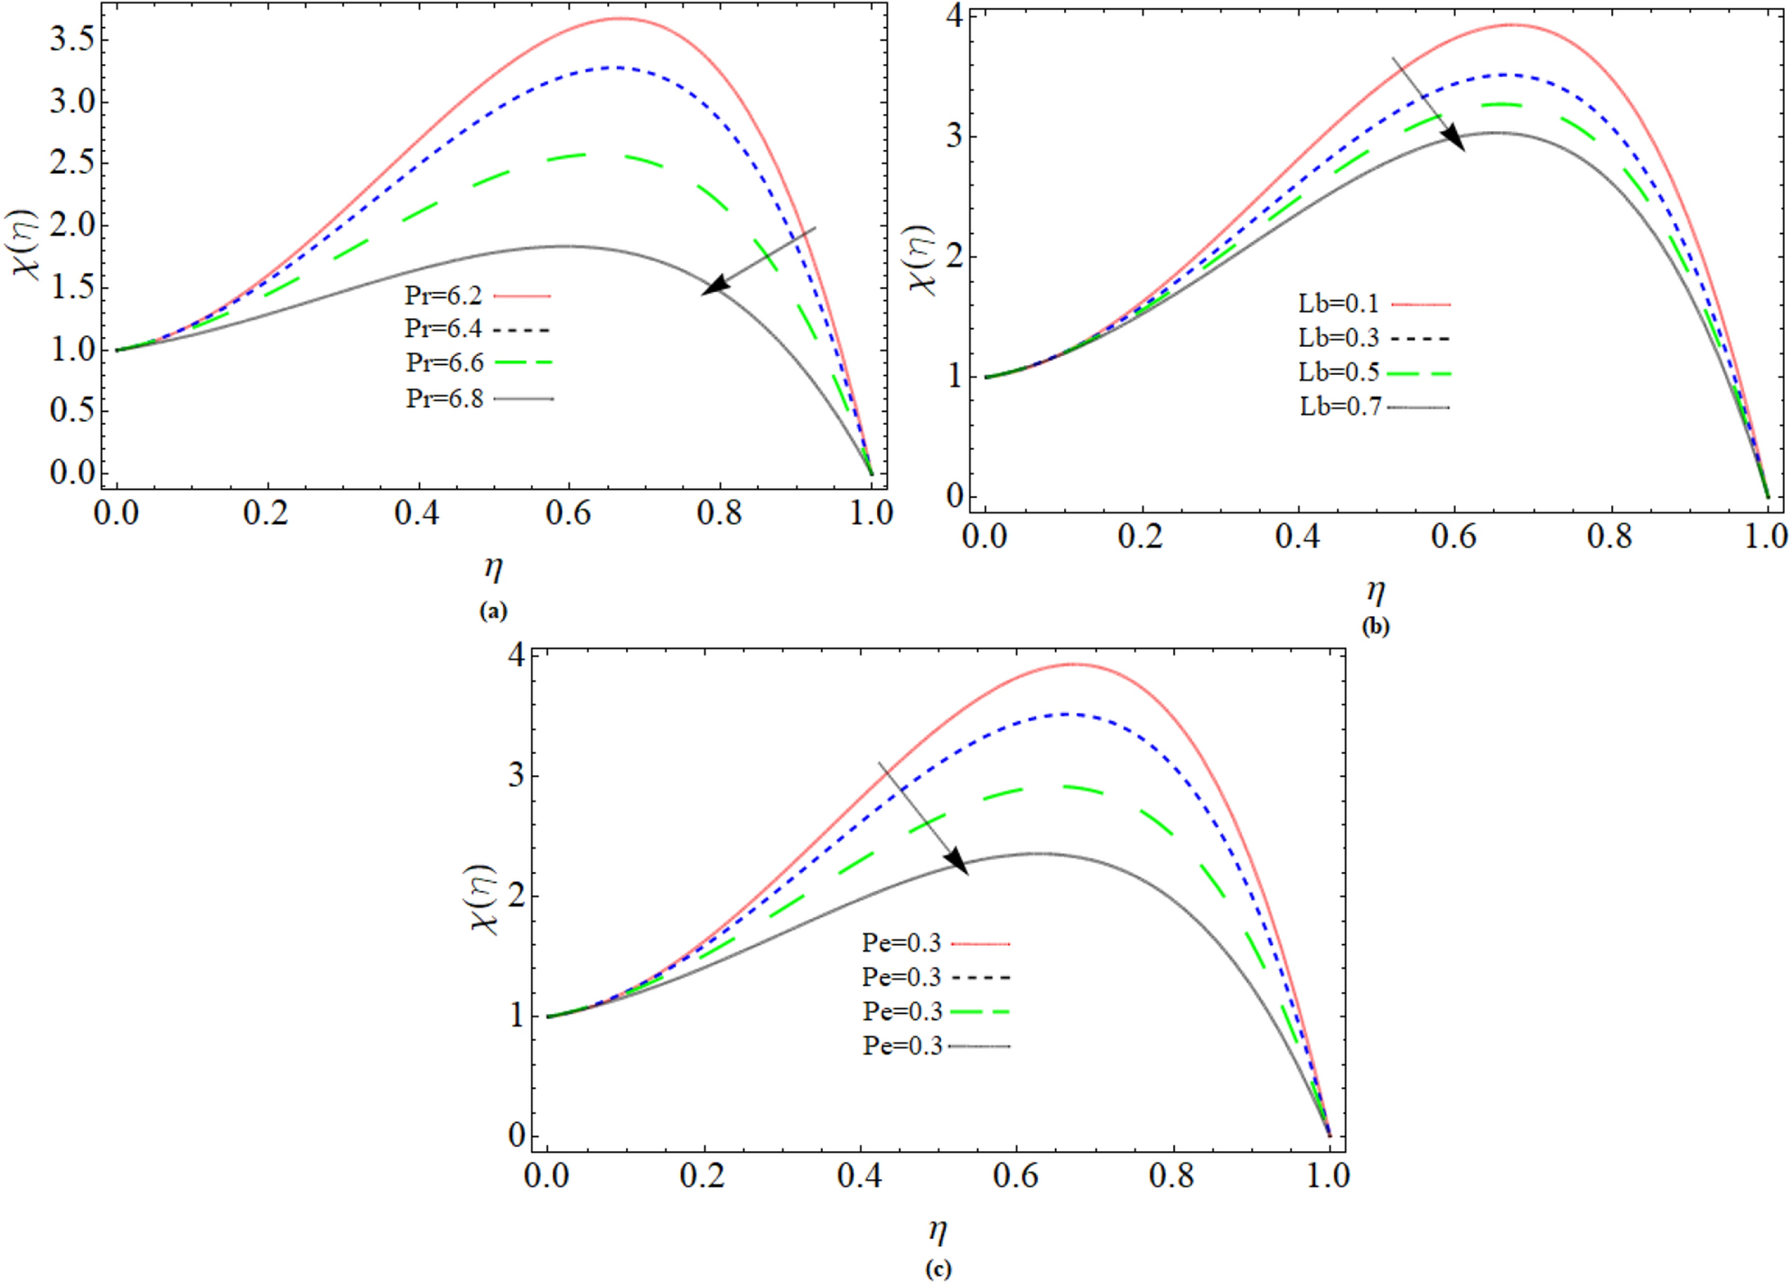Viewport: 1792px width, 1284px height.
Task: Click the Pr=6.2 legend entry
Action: click(x=477, y=295)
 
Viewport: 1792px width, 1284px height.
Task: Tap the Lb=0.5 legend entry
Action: click(x=1373, y=372)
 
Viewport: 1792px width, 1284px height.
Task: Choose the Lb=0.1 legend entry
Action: click(x=1373, y=304)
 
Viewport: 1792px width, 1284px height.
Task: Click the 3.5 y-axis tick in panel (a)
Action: click(x=72, y=39)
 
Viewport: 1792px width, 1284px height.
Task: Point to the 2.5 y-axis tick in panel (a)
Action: click(x=72, y=163)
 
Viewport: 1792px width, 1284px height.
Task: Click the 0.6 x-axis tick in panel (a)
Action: click(x=568, y=514)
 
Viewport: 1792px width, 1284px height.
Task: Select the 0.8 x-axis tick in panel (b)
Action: click(x=1610, y=537)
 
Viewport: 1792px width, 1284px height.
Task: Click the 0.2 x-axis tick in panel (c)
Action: click(x=703, y=1176)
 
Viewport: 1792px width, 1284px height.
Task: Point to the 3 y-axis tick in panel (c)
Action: click(x=516, y=775)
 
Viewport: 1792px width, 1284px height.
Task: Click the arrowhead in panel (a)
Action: click(x=714, y=286)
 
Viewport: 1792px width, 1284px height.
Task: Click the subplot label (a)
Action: click(x=493, y=611)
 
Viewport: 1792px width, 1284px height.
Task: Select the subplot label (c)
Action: click(x=938, y=1269)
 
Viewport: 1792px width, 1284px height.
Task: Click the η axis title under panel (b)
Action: click(x=1375, y=591)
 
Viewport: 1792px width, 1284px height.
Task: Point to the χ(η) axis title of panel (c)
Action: click(x=483, y=898)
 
